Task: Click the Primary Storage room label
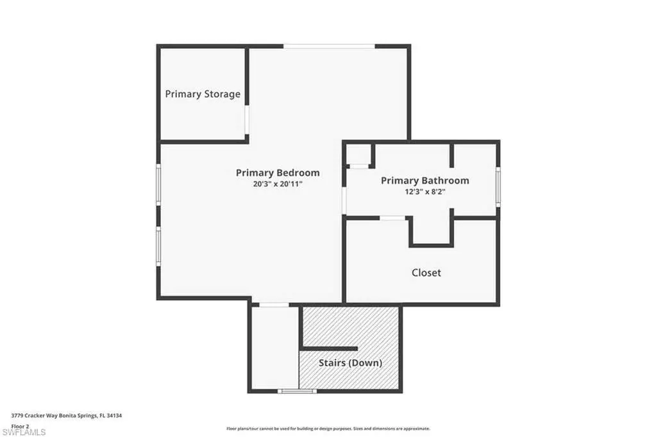tap(203, 94)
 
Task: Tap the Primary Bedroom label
tap(278, 173)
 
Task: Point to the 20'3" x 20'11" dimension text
tap(278, 184)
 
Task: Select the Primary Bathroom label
tap(425, 180)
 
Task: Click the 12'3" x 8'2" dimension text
tap(425, 192)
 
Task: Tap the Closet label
tap(426, 273)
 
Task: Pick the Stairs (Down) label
tap(351, 363)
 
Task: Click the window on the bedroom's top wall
tap(329, 46)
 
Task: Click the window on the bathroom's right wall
tap(498, 186)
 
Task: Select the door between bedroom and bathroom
tap(344, 200)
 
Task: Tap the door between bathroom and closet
tap(392, 218)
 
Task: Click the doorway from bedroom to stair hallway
tap(274, 304)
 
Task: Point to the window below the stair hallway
tap(298, 391)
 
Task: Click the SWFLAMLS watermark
tap(23, 432)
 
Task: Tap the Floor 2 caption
tap(20, 426)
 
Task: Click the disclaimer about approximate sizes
tap(328, 429)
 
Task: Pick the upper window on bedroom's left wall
tap(158, 184)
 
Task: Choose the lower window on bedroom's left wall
tap(158, 246)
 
